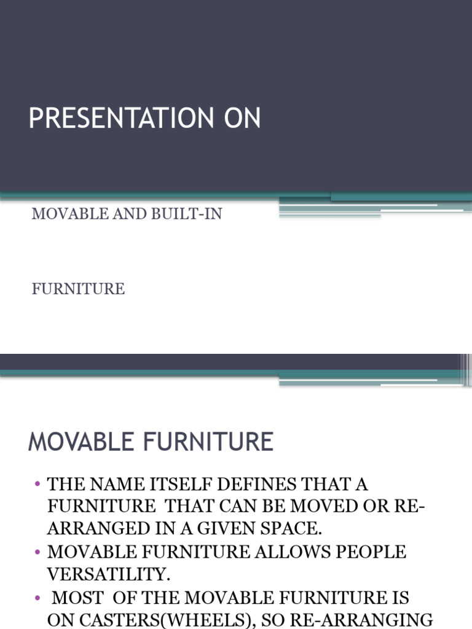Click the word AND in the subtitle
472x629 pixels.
click(x=120, y=214)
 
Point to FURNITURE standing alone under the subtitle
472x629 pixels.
click(x=78, y=289)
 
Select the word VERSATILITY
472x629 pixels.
click(x=109, y=574)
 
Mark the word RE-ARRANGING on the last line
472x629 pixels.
click(x=363, y=619)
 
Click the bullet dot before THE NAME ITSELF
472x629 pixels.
click(x=37, y=484)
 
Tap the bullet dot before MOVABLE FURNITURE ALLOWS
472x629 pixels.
click(x=37, y=552)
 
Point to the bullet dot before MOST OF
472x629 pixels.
click(x=37, y=597)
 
